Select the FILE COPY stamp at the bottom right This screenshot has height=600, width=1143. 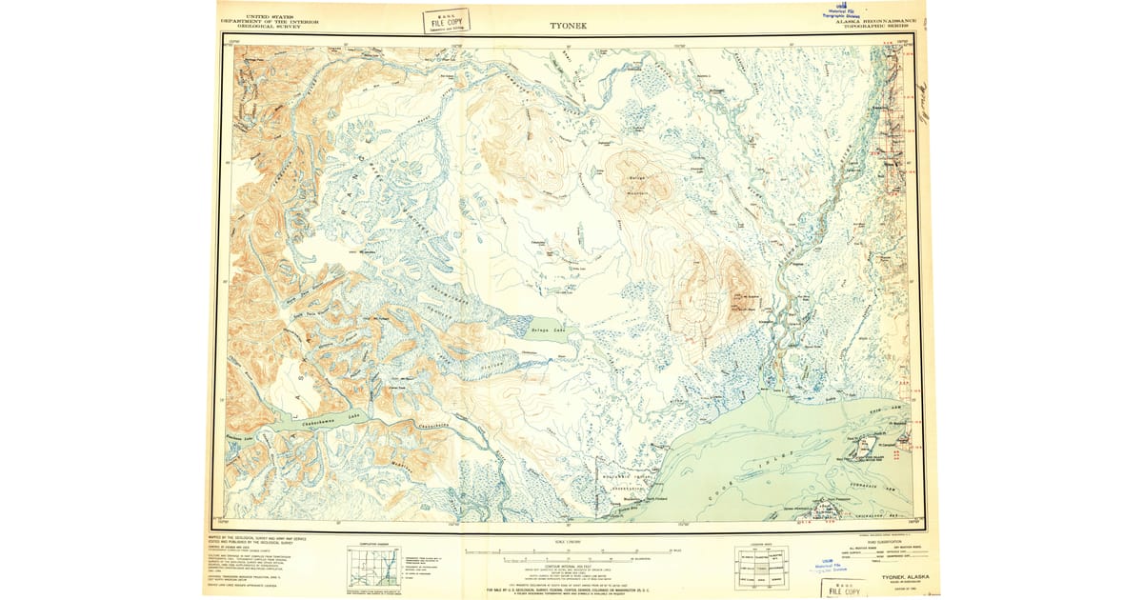click(848, 586)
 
